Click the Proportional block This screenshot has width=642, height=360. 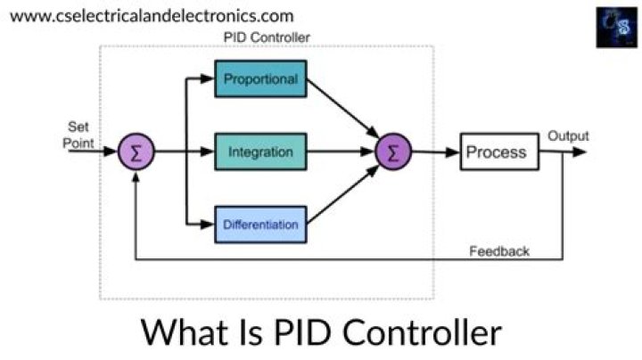260,79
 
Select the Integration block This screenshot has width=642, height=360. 260,152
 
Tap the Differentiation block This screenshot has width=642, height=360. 260,225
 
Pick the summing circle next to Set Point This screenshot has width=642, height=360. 136,152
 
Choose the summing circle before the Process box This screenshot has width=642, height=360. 392,152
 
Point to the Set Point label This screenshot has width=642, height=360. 78,135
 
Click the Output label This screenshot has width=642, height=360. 568,136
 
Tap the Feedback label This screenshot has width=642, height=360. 499,251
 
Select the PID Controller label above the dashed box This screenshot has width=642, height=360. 266,38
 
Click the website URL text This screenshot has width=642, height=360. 151,16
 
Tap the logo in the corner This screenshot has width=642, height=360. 615,27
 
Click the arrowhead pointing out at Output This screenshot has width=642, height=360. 580,152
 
